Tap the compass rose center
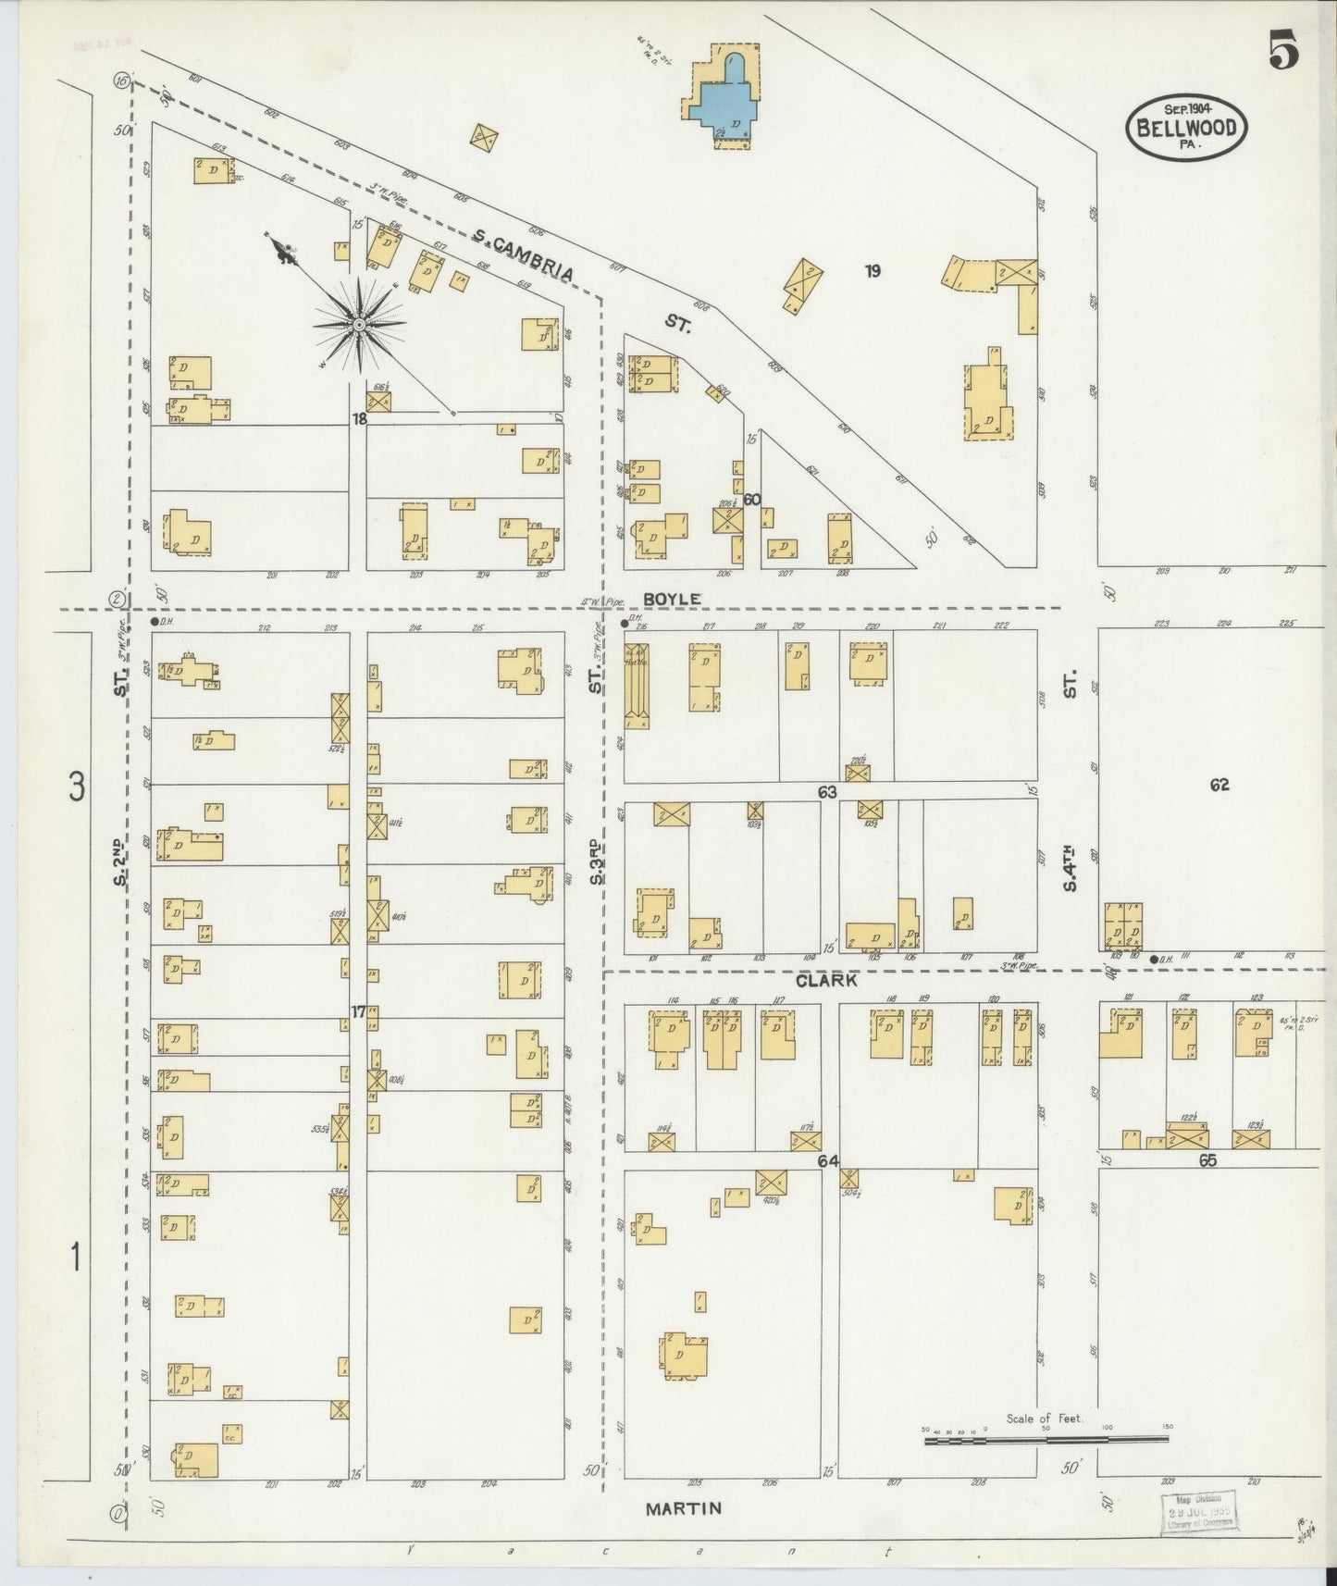pyautogui.click(x=358, y=325)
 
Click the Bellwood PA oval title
pyautogui.click(x=1186, y=129)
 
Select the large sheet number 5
pyautogui.click(x=1282, y=50)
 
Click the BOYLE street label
pyautogui.click(x=672, y=599)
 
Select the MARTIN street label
pyautogui.click(x=683, y=1508)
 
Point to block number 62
pyautogui.click(x=1219, y=785)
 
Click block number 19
pyautogui.click(x=872, y=271)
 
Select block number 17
pyautogui.click(x=358, y=1011)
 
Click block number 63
pyautogui.click(x=826, y=792)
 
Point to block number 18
pyautogui.click(x=359, y=418)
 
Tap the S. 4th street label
pyautogui.click(x=1071, y=868)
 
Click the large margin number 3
pyautogui.click(x=77, y=787)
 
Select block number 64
pyautogui.click(x=826, y=1160)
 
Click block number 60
pyautogui.click(x=751, y=500)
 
